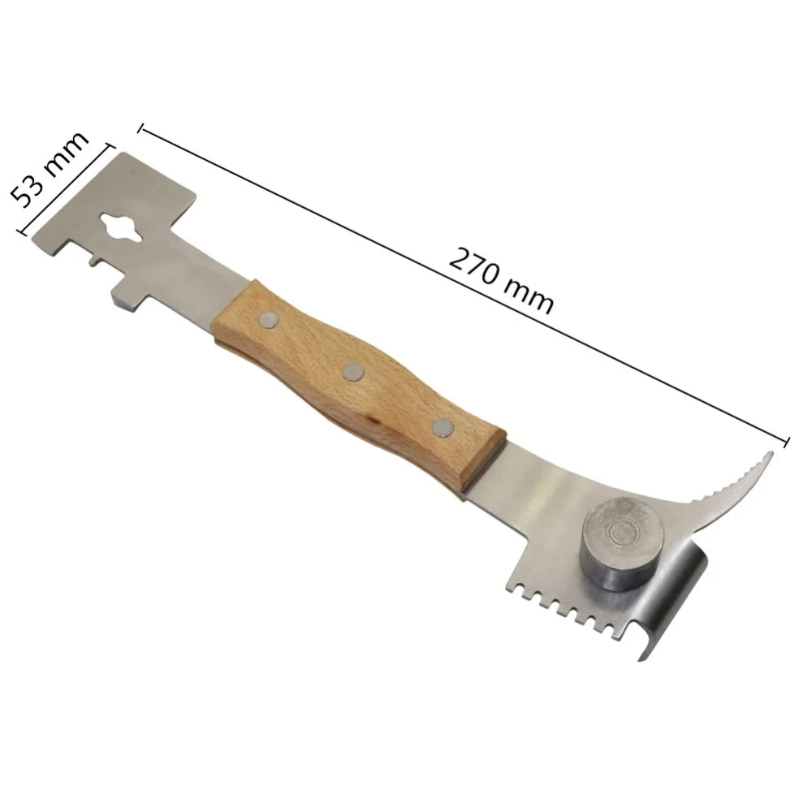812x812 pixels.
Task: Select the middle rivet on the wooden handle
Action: tap(353, 373)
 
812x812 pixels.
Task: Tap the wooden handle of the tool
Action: tap(357, 382)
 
